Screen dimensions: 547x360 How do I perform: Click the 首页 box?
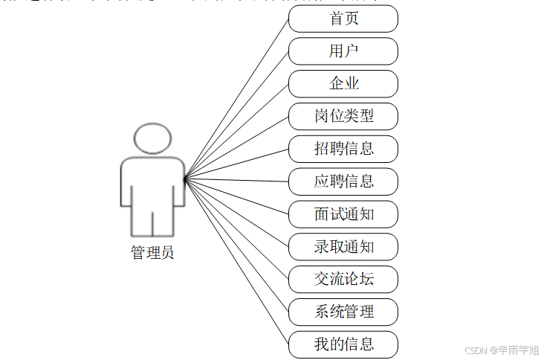click(343, 19)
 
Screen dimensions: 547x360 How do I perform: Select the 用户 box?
click(343, 51)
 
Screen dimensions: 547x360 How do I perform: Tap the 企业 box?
click(343, 83)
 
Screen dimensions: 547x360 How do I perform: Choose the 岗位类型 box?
click(343, 116)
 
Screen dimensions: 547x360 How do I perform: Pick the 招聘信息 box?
click(343, 149)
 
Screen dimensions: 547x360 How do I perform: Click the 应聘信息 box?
click(343, 181)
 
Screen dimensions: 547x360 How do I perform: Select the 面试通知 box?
click(343, 214)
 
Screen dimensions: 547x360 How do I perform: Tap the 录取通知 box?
click(343, 246)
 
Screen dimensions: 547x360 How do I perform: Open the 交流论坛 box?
click(343, 279)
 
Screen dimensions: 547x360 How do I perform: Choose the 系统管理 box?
click(343, 312)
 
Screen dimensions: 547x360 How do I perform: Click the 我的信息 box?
click(343, 344)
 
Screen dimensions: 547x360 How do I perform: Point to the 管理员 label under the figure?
click(152, 253)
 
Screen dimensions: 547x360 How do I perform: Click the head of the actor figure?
click(152, 139)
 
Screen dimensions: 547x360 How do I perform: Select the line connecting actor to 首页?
click(236, 98)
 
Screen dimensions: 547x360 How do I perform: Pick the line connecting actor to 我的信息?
click(236, 260)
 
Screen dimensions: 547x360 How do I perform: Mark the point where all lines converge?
click(184, 179)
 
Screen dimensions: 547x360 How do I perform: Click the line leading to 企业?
click(236, 131)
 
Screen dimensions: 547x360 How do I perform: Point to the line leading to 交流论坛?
click(236, 228)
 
